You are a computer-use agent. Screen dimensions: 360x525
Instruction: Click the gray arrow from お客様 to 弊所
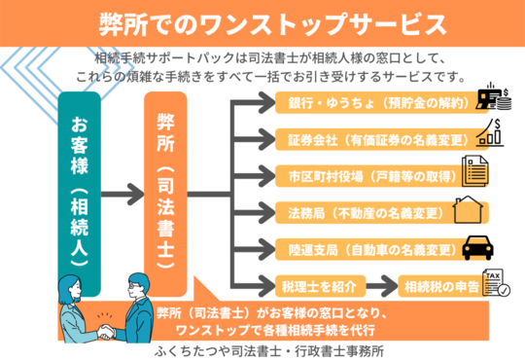(122, 195)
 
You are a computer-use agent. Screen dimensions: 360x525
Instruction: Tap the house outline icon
(470, 210)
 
